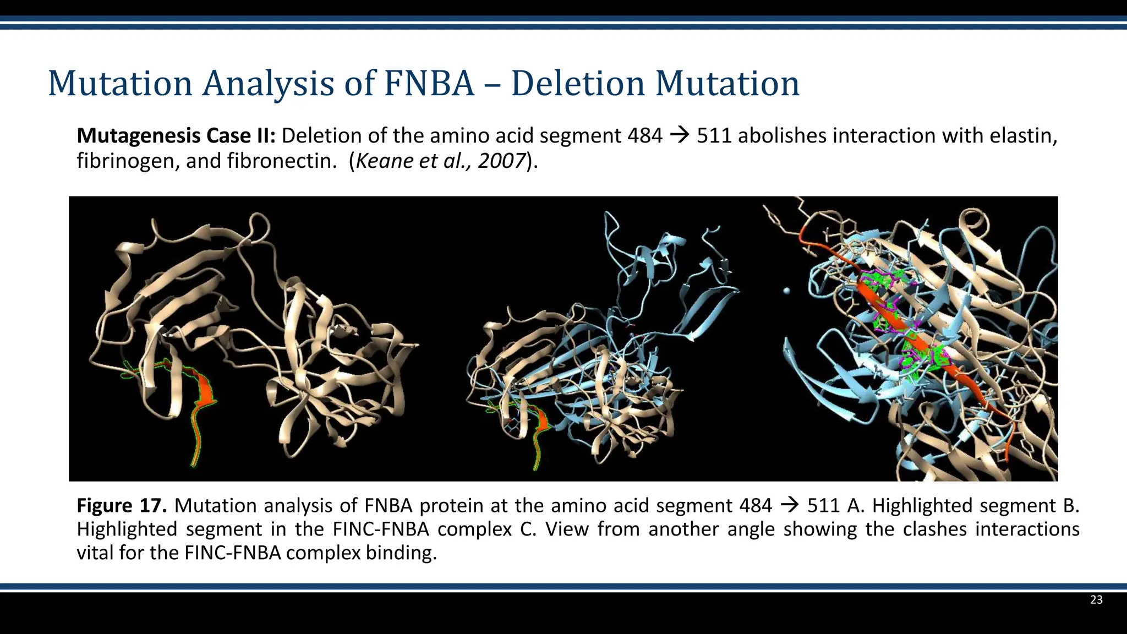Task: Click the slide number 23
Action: click(x=1096, y=600)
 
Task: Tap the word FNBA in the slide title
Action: click(x=429, y=84)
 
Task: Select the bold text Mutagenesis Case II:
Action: click(x=176, y=135)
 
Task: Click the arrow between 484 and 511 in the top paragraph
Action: click(x=680, y=135)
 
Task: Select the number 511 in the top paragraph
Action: click(x=714, y=135)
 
